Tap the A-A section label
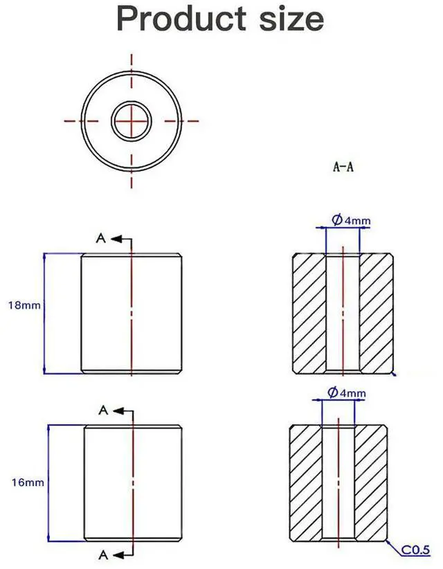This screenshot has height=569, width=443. pos(343,167)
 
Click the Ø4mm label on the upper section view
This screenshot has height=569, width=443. pos(351,221)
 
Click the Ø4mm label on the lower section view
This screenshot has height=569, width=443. pos(347,393)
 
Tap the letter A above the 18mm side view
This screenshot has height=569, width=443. pos(101,239)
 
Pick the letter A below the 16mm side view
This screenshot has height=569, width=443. pos(102,554)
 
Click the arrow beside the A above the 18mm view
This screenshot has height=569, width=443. pos(121,239)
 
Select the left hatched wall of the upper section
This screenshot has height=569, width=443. pos(309,314)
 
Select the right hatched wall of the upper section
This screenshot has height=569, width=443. pos(377,314)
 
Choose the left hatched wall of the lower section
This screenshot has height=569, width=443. pos(305,482)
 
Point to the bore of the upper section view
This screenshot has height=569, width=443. pos(343,314)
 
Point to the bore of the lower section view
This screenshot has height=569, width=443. pos(338,482)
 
